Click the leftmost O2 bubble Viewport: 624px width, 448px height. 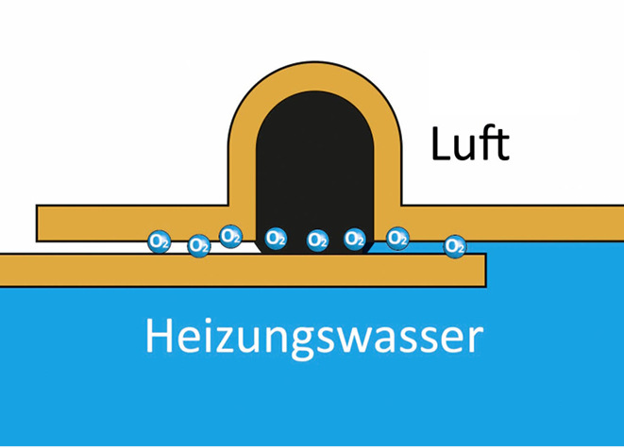point(159,241)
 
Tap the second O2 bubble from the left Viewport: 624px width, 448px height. point(198,246)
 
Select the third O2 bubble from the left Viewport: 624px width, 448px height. point(230,236)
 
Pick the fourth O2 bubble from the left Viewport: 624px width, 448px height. point(276,238)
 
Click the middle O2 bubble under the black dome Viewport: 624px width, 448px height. point(318,241)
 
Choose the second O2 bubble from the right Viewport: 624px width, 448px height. point(397,238)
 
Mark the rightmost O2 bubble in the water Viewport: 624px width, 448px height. point(455,246)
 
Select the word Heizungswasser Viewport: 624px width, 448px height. point(313,336)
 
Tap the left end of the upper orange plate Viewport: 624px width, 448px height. point(43,222)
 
